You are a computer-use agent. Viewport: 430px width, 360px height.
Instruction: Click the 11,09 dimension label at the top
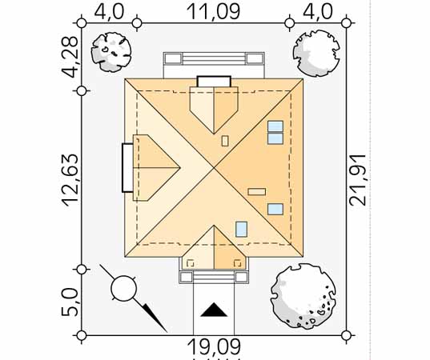tap(213, 11)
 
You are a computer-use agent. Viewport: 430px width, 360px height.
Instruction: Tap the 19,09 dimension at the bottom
tap(214, 346)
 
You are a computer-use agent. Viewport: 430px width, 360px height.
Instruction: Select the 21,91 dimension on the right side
tap(358, 180)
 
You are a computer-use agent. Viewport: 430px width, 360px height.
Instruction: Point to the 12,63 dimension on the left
tap(70, 180)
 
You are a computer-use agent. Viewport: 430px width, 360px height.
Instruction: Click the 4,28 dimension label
tap(70, 57)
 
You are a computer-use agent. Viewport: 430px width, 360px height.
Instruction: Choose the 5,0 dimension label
tap(70, 302)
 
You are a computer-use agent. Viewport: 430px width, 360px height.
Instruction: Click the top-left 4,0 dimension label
tap(109, 11)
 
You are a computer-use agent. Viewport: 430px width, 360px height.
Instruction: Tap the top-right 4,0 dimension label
tap(318, 11)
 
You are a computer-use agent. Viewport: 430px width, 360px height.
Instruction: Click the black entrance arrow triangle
tap(214, 310)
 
